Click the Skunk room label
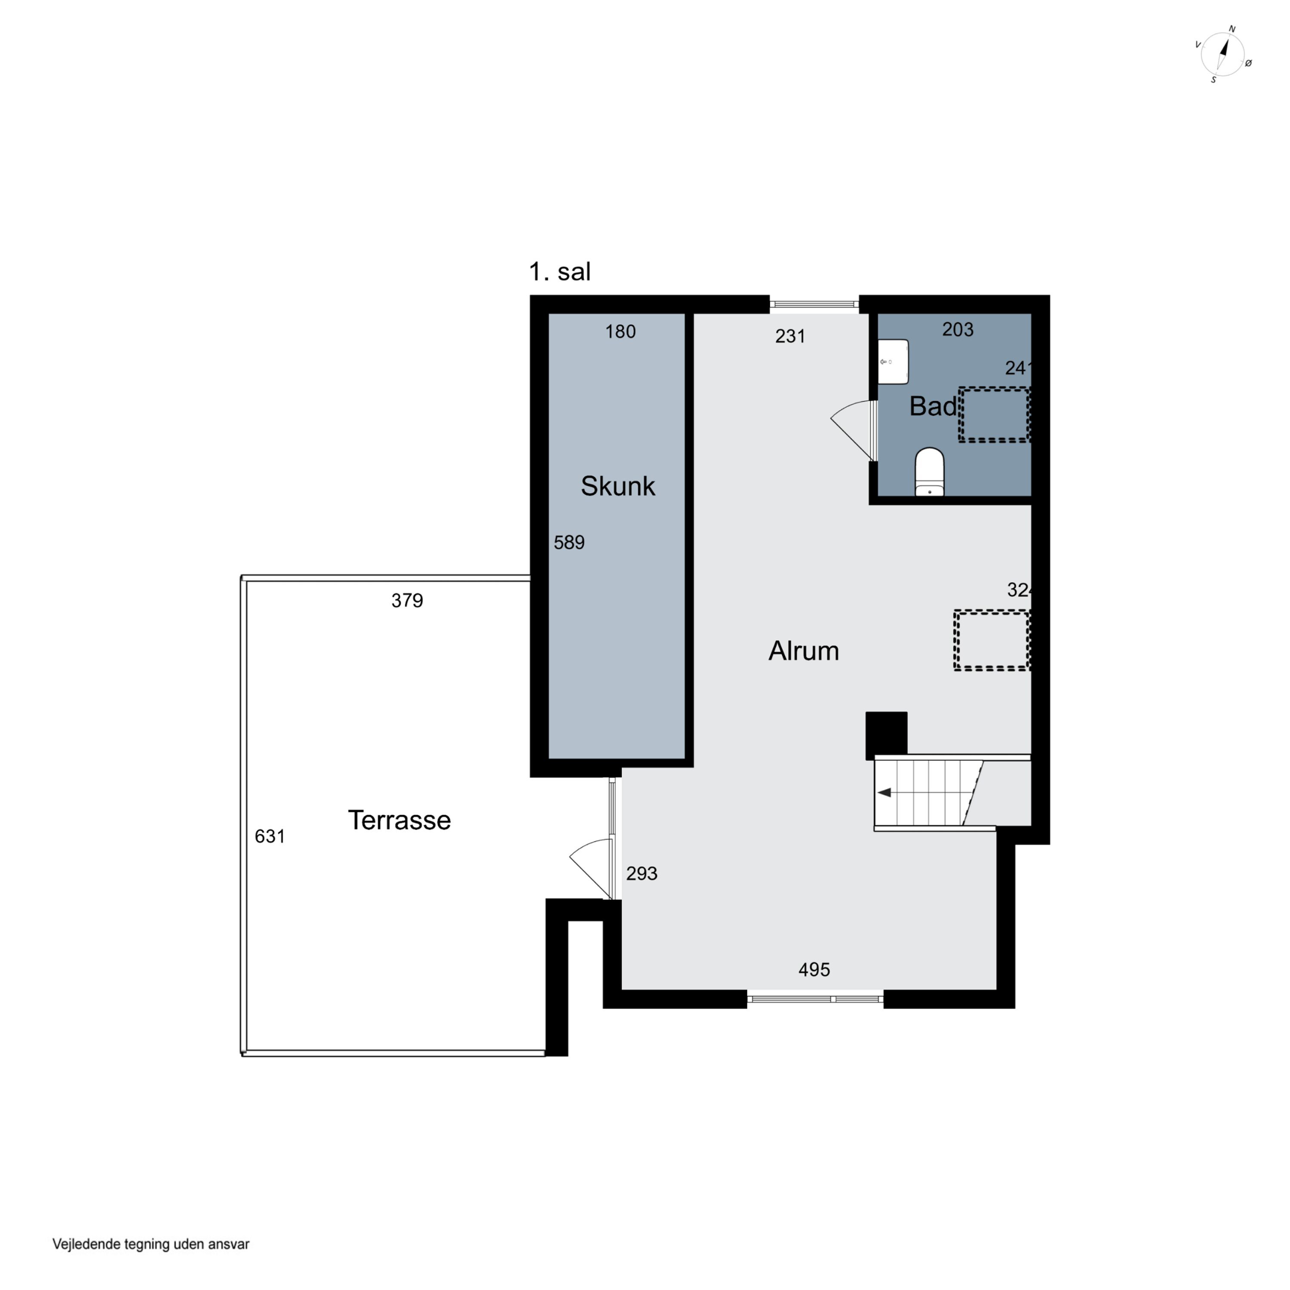coord(617,486)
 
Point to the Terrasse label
coord(399,820)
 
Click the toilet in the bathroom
coord(929,472)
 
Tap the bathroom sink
coord(894,361)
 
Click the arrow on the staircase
coord(885,792)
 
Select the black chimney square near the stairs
coord(886,735)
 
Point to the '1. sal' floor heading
coord(559,272)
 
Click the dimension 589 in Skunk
coord(569,542)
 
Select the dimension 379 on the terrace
coord(407,600)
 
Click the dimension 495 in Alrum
coord(814,970)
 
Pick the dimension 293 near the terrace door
coord(642,873)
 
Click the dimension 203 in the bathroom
coord(958,329)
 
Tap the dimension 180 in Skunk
coord(620,331)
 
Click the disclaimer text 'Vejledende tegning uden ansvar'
coord(151,1244)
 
